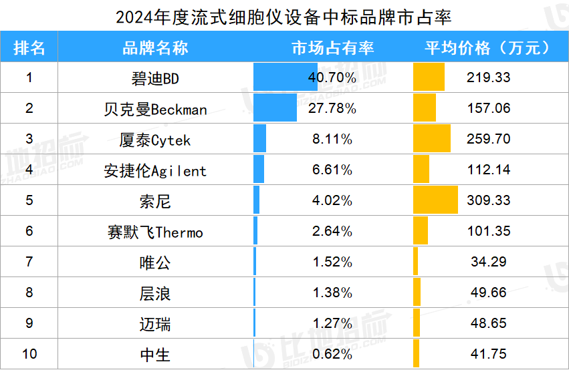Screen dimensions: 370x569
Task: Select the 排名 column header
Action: tap(29, 47)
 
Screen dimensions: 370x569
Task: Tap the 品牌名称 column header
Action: tap(155, 47)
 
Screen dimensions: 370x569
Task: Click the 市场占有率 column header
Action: tap(332, 47)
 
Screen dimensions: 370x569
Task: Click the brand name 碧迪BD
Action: tap(155, 78)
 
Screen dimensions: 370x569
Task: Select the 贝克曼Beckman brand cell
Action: tap(155, 109)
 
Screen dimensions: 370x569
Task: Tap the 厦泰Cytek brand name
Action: tap(155, 140)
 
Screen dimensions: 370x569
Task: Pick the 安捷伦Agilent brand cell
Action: tap(155, 170)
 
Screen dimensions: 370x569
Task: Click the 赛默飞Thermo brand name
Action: tap(155, 232)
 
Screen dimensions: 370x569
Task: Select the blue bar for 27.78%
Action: tap(275, 108)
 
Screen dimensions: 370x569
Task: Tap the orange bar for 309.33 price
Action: tap(435, 200)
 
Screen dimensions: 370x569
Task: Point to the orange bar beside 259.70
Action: tap(432, 139)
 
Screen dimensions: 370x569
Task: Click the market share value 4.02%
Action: tap(332, 200)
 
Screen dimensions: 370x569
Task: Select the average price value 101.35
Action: tap(489, 231)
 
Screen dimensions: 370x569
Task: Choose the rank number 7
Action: tap(29, 262)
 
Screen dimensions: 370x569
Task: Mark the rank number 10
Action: tap(29, 354)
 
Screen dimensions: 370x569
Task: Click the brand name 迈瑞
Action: tap(155, 324)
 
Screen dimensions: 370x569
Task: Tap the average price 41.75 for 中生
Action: tap(489, 354)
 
